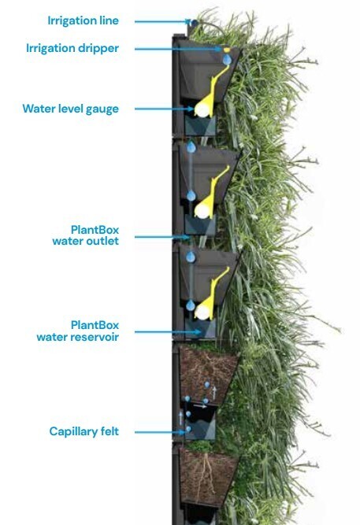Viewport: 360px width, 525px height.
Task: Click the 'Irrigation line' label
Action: click(x=84, y=20)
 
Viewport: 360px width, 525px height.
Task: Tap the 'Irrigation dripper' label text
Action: click(x=72, y=49)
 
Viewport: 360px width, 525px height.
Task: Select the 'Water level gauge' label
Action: click(x=71, y=109)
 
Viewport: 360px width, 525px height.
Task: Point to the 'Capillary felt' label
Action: click(x=84, y=431)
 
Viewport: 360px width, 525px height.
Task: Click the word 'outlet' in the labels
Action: click(x=102, y=241)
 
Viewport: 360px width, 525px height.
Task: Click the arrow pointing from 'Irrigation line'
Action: click(x=162, y=22)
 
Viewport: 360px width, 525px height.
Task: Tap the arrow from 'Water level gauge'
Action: click(x=165, y=109)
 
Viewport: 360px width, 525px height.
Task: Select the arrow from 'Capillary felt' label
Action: click(x=160, y=432)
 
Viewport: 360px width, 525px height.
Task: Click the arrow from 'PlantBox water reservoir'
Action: click(x=168, y=332)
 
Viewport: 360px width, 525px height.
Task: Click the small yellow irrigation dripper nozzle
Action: click(x=227, y=50)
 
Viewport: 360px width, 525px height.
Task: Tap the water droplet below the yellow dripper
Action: click(x=227, y=60)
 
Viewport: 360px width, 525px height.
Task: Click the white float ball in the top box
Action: click(x=202, y=109)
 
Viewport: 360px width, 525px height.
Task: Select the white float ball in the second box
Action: click(x=202, y=211)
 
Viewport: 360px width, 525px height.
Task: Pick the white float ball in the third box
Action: click(x=202, y=312)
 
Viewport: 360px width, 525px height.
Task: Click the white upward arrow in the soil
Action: click(x=214, y=393)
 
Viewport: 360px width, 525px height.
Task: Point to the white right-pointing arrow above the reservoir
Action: click(x=200, y=406)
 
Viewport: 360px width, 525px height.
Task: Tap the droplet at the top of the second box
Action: click(x=191, y=147)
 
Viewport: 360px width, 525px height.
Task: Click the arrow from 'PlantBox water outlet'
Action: click(x=162, y=237)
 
